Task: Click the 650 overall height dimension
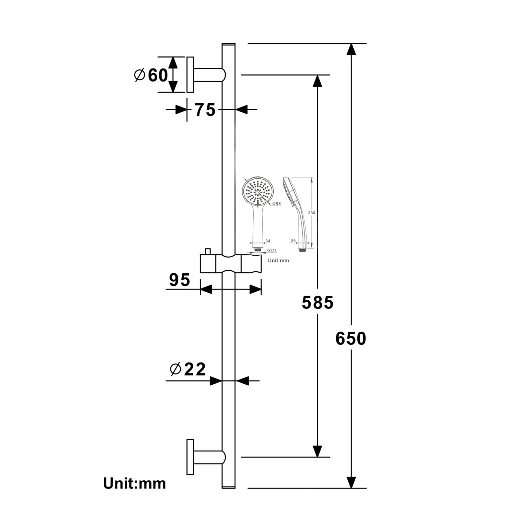click(351, 339)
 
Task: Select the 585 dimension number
click(317, 302)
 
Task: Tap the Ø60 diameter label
click(151, 75)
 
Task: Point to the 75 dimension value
click(205, 110)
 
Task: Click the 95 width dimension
click(179, 280)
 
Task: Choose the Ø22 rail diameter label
click(188, 369)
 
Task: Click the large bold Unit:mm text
click(134, 484)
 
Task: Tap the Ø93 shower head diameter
click(276, 204)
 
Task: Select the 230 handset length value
click(312, 213)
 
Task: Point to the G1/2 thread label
click(272, 250)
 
